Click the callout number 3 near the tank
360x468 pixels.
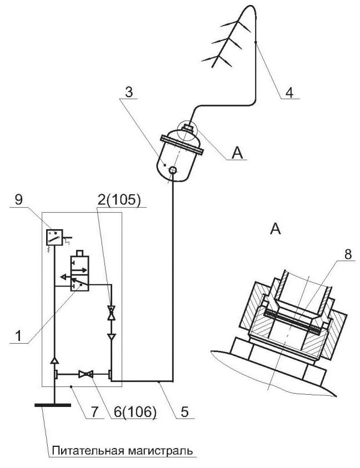tap(128, 93)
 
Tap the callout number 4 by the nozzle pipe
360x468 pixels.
tap(289, 93)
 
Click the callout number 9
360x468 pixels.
tap(18, 200)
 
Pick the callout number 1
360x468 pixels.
tap(18, 336)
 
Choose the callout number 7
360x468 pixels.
tap(94, 412)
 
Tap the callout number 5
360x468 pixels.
tap(185, 412)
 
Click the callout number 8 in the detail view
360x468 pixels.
tap(348, 255)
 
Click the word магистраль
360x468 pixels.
tap(158, 451)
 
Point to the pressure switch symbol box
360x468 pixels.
tap(54, 237)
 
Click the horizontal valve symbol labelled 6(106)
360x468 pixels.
tap(86, 374)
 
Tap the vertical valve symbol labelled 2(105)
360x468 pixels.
tap(112, 313)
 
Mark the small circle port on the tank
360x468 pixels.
tap(173, 170)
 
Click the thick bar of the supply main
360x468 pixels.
tap(53, 405)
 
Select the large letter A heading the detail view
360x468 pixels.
tap(275, 229)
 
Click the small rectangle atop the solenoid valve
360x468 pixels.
tap(80, 253)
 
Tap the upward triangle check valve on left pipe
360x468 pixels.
tap(54, 360)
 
